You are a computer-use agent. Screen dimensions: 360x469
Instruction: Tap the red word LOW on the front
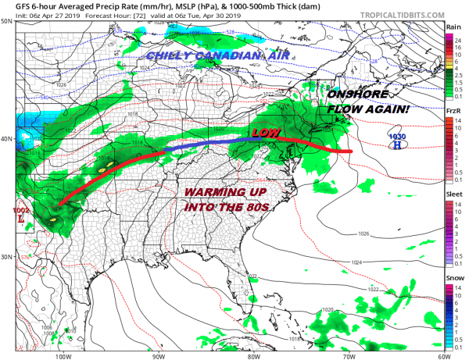tap(264, 132)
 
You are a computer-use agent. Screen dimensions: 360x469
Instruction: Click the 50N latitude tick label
tap(6, 21)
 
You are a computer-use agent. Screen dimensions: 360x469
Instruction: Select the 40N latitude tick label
tap(6, 139)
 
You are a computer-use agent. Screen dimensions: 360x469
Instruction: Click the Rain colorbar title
tap(453, 27)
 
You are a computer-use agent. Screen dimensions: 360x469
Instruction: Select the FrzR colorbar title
tap(453, 112)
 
